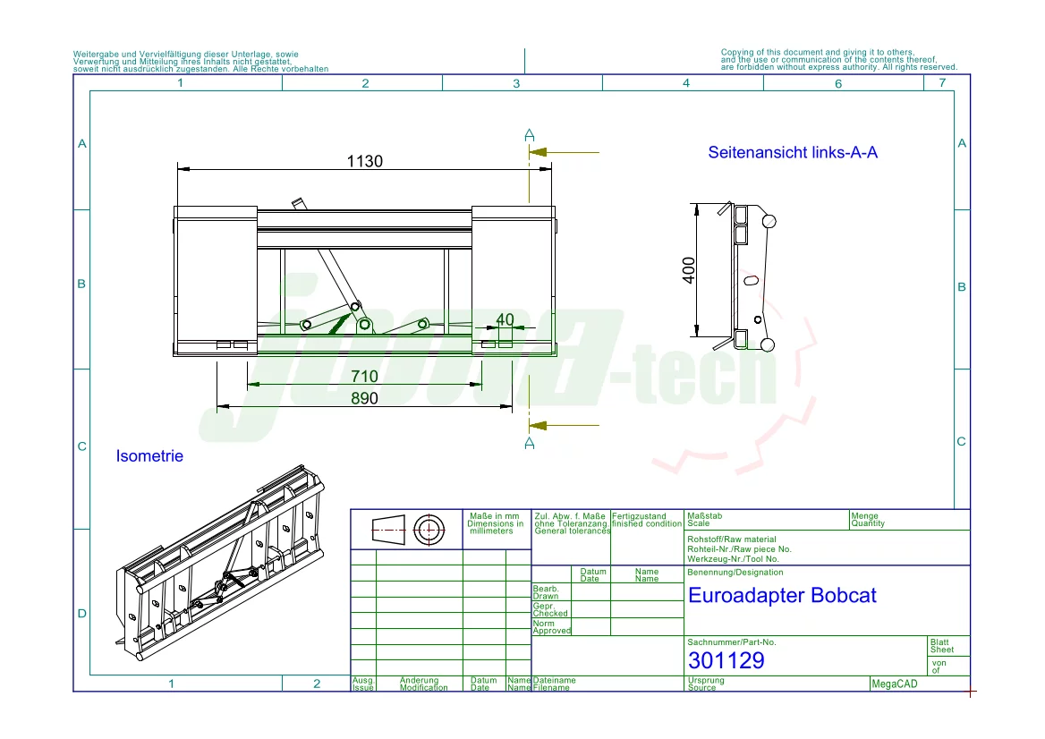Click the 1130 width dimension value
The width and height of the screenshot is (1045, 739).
(x=365, y=161)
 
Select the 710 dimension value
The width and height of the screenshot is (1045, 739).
(x=364, y=377)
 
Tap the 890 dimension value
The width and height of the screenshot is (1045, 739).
(x=364, y=399)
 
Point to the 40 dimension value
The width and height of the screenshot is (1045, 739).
(x=505, y=319)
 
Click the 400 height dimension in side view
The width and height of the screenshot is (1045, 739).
(x=689, y=270)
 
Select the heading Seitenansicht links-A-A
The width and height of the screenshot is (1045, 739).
(x=792, y=153)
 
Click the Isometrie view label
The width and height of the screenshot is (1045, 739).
(x=149, y=456)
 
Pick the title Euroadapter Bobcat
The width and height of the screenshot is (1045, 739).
(x=782, y=596)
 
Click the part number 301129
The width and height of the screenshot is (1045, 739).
(x=726, y=661)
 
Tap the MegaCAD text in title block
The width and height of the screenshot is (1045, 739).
(x=895, y=684)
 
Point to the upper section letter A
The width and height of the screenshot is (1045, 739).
(x=530, y=134)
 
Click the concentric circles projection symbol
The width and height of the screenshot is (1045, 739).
(x=429, y=530)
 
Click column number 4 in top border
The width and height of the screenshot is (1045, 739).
(x=686, y=83)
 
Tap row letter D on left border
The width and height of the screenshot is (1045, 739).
(x=81, y=614)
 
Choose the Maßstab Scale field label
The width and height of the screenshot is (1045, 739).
(x=698, y=520)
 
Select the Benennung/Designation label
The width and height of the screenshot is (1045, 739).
(x=735, y=573)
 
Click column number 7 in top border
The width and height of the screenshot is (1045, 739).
(x=940, y=83)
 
